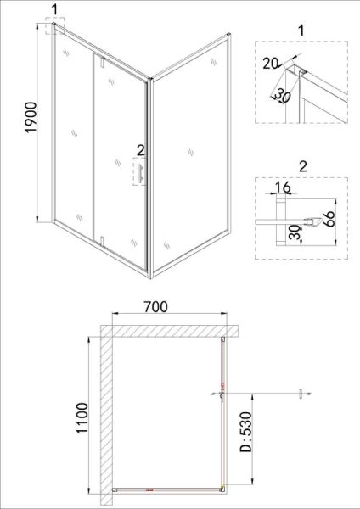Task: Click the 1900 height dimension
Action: click(31, 117)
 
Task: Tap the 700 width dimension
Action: click(156, 307)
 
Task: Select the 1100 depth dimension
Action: click(82, 417)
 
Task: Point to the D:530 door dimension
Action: click(245, 432)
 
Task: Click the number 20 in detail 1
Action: click(271, 64)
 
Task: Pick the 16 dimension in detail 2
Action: click(282, 187)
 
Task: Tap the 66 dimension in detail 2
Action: click(329, 219)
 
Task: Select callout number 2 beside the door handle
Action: click(140, 151)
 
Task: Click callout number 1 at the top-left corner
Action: click(54, 9)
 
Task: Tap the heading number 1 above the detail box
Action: click(301, 31)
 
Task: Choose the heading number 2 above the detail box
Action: click(303, 166)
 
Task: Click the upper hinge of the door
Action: click(103, 62)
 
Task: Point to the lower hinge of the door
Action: click(103, 242)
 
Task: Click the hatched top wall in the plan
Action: click(169, 331)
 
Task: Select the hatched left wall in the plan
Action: click(106, 416)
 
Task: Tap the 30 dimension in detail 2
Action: click(295, 232)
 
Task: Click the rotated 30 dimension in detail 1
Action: click(282, 96)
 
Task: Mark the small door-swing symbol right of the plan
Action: click(301, 394)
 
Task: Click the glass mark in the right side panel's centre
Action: click(190, 152)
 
